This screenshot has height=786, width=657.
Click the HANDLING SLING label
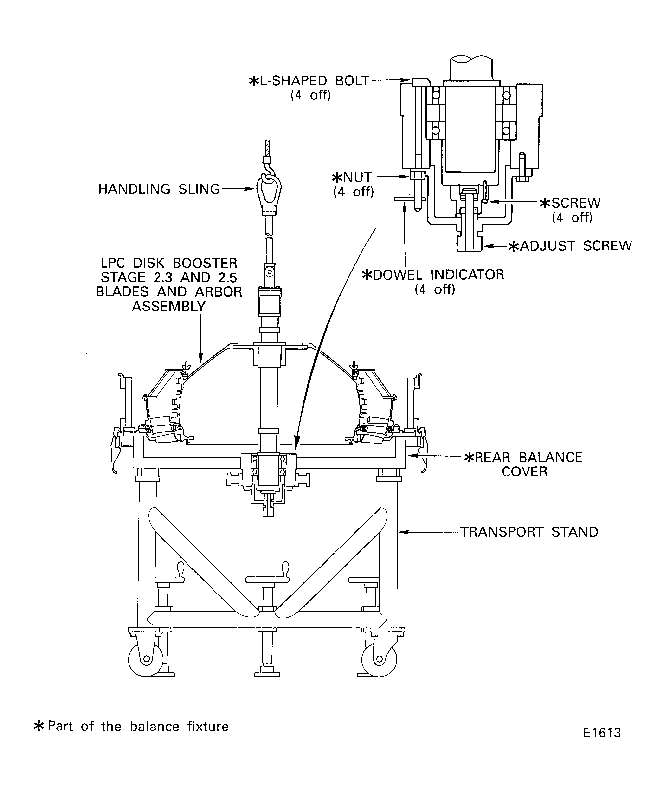[159, 189]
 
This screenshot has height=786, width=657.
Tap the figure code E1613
[602, 743]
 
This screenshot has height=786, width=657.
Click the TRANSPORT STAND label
[529, 532]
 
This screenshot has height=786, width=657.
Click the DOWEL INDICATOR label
[434, 275]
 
